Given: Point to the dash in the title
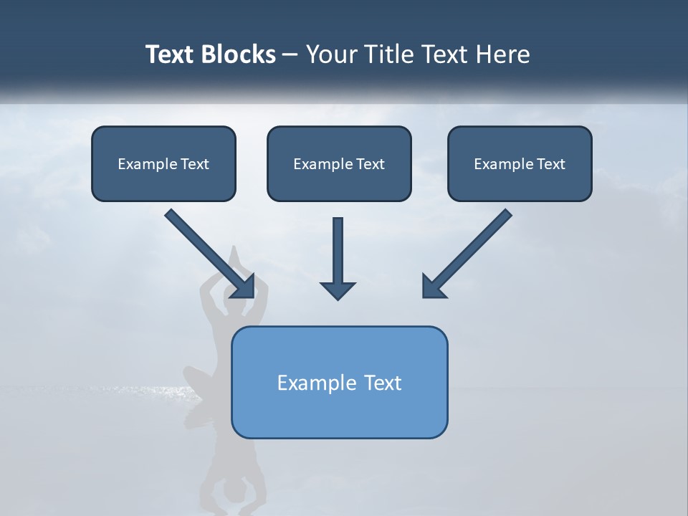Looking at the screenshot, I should coord(290,55).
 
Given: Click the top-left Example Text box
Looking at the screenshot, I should coord(163,163).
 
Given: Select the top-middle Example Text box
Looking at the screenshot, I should coord(339,163).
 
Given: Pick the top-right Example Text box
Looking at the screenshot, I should coord(520,163).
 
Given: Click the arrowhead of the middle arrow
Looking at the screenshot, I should coord(338,290).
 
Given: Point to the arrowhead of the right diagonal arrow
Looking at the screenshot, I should coord(433,287).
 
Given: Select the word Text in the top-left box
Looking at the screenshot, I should coord(194,164).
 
